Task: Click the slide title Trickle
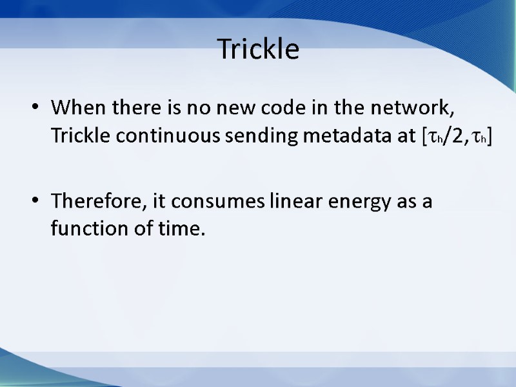[x=258, y=49]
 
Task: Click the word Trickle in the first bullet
[x=75, y=136]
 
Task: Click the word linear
[x=285, y=201]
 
